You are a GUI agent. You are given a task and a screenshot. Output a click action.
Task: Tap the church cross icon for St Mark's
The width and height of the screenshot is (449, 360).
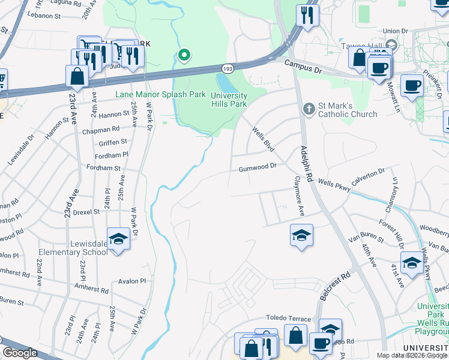pyautogui.click(x=309, y=108)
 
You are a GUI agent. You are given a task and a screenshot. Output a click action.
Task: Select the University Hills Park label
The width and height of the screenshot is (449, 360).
pyautogui.click(x=229, y=100)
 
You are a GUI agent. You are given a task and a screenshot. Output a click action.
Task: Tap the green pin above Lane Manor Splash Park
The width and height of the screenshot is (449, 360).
pyautogui.click(x=185, y=56)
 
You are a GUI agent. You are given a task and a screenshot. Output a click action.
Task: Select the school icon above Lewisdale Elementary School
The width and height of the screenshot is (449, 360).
pyautogui.click(x=118, y=239)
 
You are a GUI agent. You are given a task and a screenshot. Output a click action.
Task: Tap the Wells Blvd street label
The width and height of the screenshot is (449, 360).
pyautogui.click(x=263, y=139)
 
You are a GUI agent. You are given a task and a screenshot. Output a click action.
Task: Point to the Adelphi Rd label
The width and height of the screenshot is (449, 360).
pyautogui.click(x=307, y=163)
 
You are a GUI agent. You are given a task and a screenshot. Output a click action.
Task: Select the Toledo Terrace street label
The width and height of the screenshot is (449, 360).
pyautogui.click(x=289, y=319)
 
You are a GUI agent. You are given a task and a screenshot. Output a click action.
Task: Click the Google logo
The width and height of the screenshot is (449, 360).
pyautogui.click(x=20, y=352)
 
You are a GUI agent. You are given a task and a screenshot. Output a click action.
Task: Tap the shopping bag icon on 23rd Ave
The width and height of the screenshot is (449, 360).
pyautogui.click(x=77, y=76)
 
